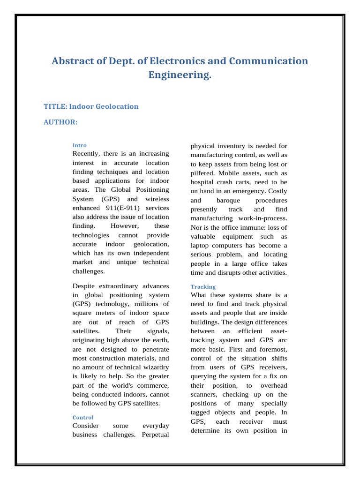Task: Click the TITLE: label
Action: click(55, 106)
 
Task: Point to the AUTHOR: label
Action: click(60, 122)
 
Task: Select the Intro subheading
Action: click(79, 145)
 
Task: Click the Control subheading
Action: click(83, 417)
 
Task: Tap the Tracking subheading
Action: click(203, 286)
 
